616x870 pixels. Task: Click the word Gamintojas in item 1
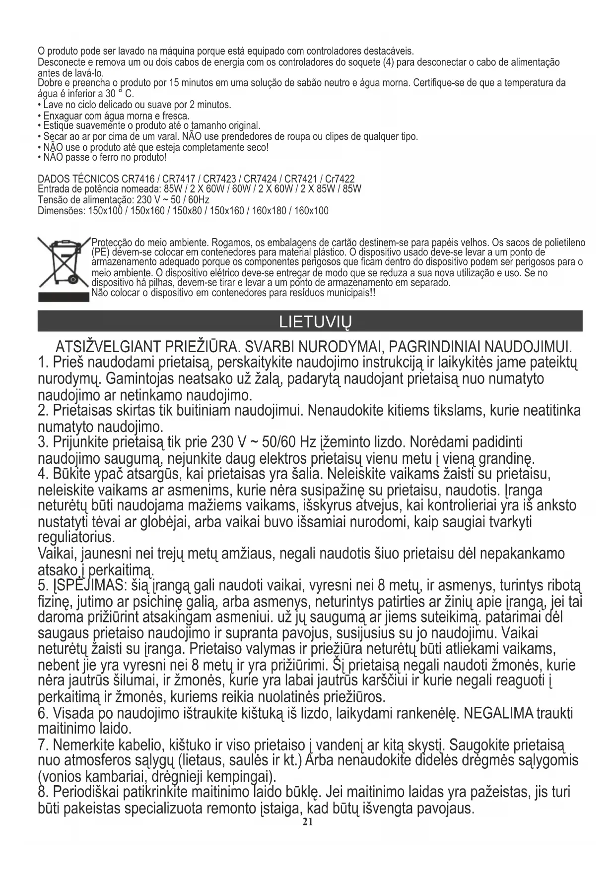pos(145,379)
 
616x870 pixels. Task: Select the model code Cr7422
pos(340,179)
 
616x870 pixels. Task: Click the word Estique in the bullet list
pos(57,125)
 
